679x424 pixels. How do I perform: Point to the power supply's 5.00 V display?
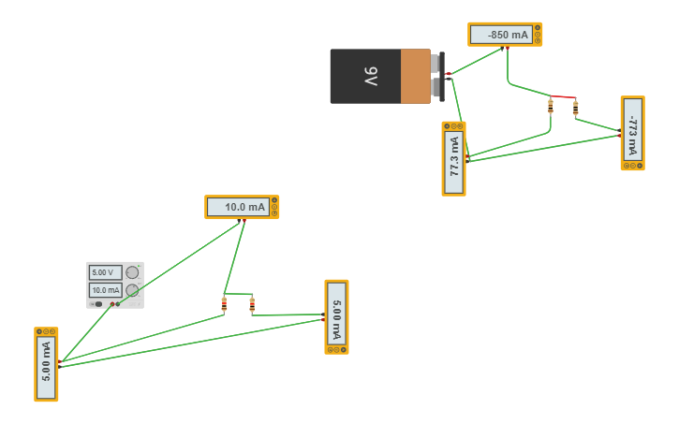[x=106, y=272]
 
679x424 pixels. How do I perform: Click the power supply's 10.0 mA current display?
[x=106, y=290]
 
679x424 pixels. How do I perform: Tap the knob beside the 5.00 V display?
[x=132, y=272]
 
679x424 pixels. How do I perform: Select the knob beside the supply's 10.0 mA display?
[x=132, y=290]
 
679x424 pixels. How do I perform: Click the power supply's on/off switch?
[x=98, y=304]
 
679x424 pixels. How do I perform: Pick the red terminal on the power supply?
[x=112, y=304]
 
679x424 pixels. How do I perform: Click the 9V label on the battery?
[x=371, y=76]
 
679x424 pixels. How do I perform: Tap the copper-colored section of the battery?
[x=415, y=77]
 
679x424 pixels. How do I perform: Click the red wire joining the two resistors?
[x=563, y=96]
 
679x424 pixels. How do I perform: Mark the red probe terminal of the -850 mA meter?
[x=508, y=48]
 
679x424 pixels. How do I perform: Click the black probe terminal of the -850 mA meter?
[x=502, y=48]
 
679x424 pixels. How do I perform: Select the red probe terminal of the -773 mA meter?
[x=619, y=136]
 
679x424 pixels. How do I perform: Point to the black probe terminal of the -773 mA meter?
[x=619, y=130]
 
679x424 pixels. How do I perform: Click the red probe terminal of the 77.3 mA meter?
[x=467, y=156]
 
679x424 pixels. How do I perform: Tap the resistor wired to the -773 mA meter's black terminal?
[x=575, y=108]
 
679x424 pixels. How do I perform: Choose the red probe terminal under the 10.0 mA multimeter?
[x=244, y=221]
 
